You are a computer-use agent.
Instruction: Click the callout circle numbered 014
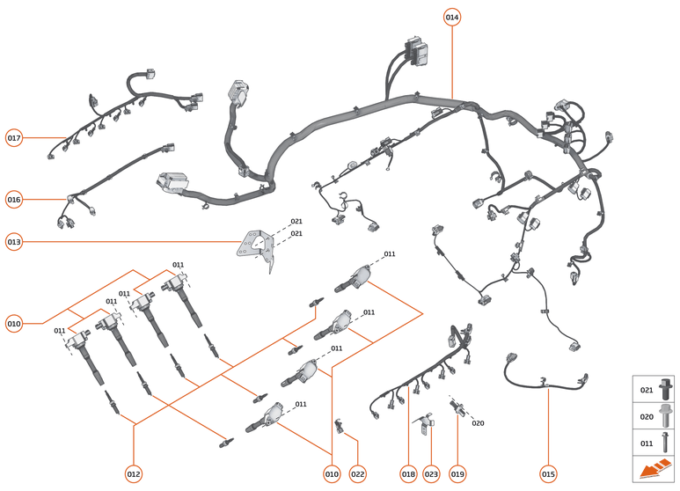click(451, 18)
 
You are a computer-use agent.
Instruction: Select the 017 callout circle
click(14, 138)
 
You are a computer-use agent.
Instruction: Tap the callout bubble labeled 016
click(14, 200)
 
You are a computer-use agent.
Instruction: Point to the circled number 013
click(14, 241)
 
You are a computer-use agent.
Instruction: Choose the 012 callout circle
click(134, 474)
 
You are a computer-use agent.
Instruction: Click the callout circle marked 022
click(357, 474)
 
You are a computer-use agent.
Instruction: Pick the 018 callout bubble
click(408, 474)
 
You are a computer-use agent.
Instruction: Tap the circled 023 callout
click(431, 474)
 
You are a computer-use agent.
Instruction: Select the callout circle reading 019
click(457, 474)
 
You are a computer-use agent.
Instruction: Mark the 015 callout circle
click(548, 474)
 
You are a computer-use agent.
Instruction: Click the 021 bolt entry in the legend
click(655, 389)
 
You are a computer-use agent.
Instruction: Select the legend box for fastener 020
click(655, 417)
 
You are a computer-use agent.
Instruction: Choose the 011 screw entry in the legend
click(655, 444)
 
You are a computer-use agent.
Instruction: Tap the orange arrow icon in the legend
click(655, 471)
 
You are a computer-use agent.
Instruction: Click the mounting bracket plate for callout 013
click(256, 245)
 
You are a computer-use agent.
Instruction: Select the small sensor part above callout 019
click(457, 407)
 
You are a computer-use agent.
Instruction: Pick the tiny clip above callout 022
click(340, 427)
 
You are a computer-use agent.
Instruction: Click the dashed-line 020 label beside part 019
click(478, 423)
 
